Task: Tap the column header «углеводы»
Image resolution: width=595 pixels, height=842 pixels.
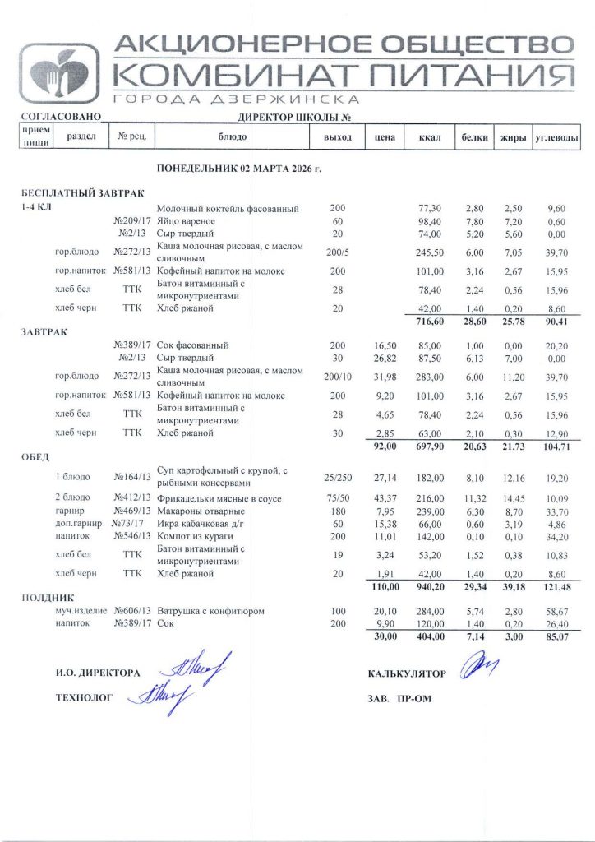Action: pyautogui.click(x=556, y=137)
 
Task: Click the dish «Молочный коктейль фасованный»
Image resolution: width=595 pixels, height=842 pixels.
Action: pyautogui.click(x=228, y=209)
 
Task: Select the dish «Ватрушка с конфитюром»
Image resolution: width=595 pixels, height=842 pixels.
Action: pyautogui.click(x=210, y=611)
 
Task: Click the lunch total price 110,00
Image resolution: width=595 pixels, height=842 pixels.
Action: pyautogui.click(x=381, y=586)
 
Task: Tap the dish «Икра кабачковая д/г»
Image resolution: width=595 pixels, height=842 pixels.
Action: pyautogui.click(x=196, y=523)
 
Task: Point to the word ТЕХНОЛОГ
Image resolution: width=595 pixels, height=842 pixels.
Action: pyautogui.click(x=83, y=697)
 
